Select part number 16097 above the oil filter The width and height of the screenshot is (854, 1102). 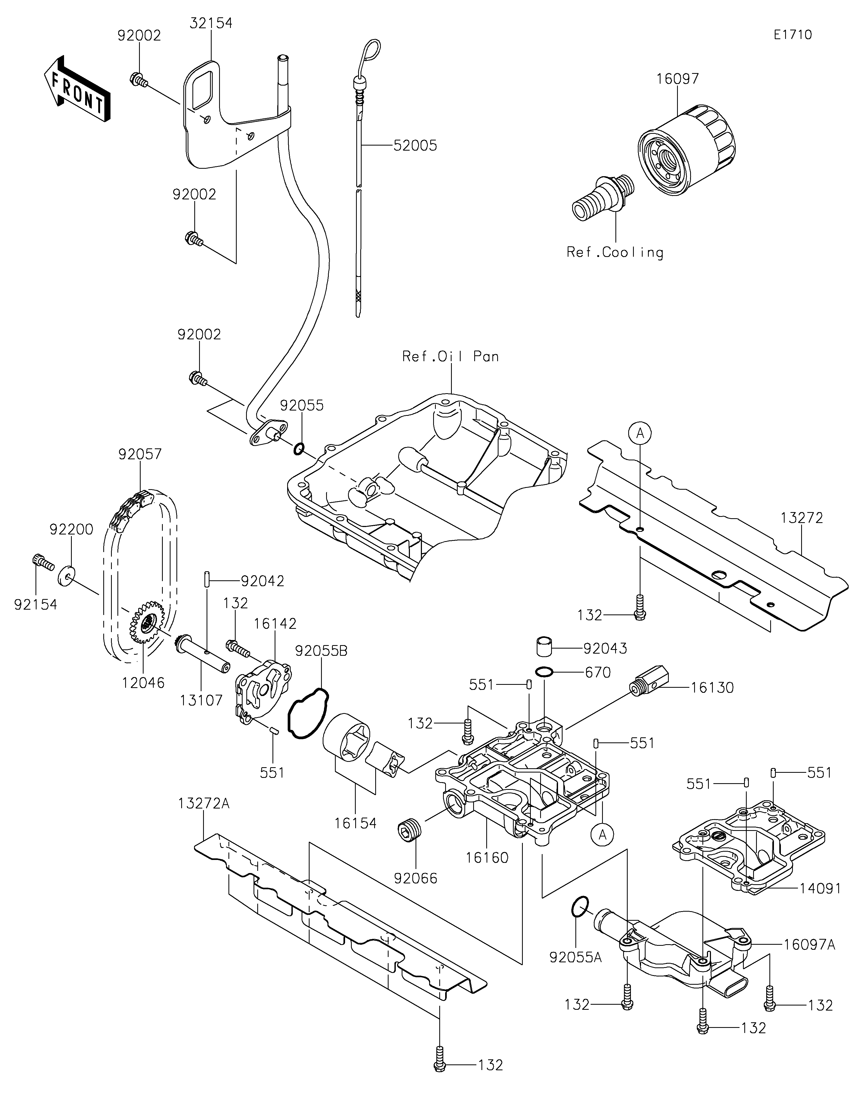click(678, 79)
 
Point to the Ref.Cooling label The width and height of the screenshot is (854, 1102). click(615, 252)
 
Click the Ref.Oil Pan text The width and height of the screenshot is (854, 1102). click(450, 357)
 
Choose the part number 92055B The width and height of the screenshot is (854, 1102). click(321, 651)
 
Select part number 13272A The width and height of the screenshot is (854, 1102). click(204, 803)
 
